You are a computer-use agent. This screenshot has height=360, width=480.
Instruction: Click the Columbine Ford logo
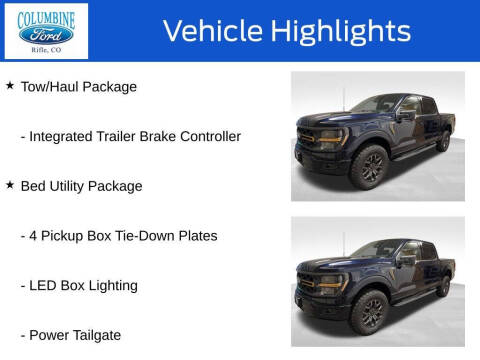tap(46, 31)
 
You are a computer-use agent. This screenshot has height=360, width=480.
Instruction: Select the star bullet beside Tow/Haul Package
tap(10, 86)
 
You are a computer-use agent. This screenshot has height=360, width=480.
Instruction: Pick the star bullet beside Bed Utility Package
tap(10, 185)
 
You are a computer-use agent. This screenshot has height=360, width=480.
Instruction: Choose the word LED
tap(45, 286)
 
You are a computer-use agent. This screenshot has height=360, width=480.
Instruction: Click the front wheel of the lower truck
tap(371, 313)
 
